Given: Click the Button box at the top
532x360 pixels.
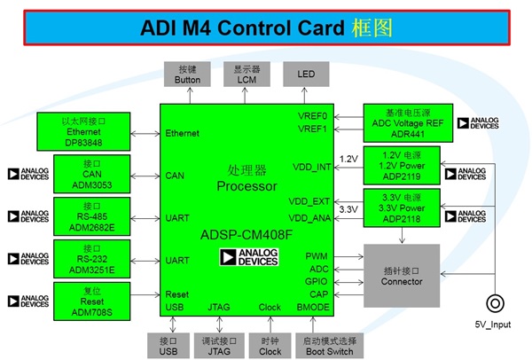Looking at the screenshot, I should tap(189, 74).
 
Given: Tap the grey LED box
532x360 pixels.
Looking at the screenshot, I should tap(307, 74).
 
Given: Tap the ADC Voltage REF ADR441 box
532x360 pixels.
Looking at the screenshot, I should tap(407, 122).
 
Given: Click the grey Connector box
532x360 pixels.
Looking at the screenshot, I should tap(401, 275).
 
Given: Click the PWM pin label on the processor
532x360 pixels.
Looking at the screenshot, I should tap(317, 255).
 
